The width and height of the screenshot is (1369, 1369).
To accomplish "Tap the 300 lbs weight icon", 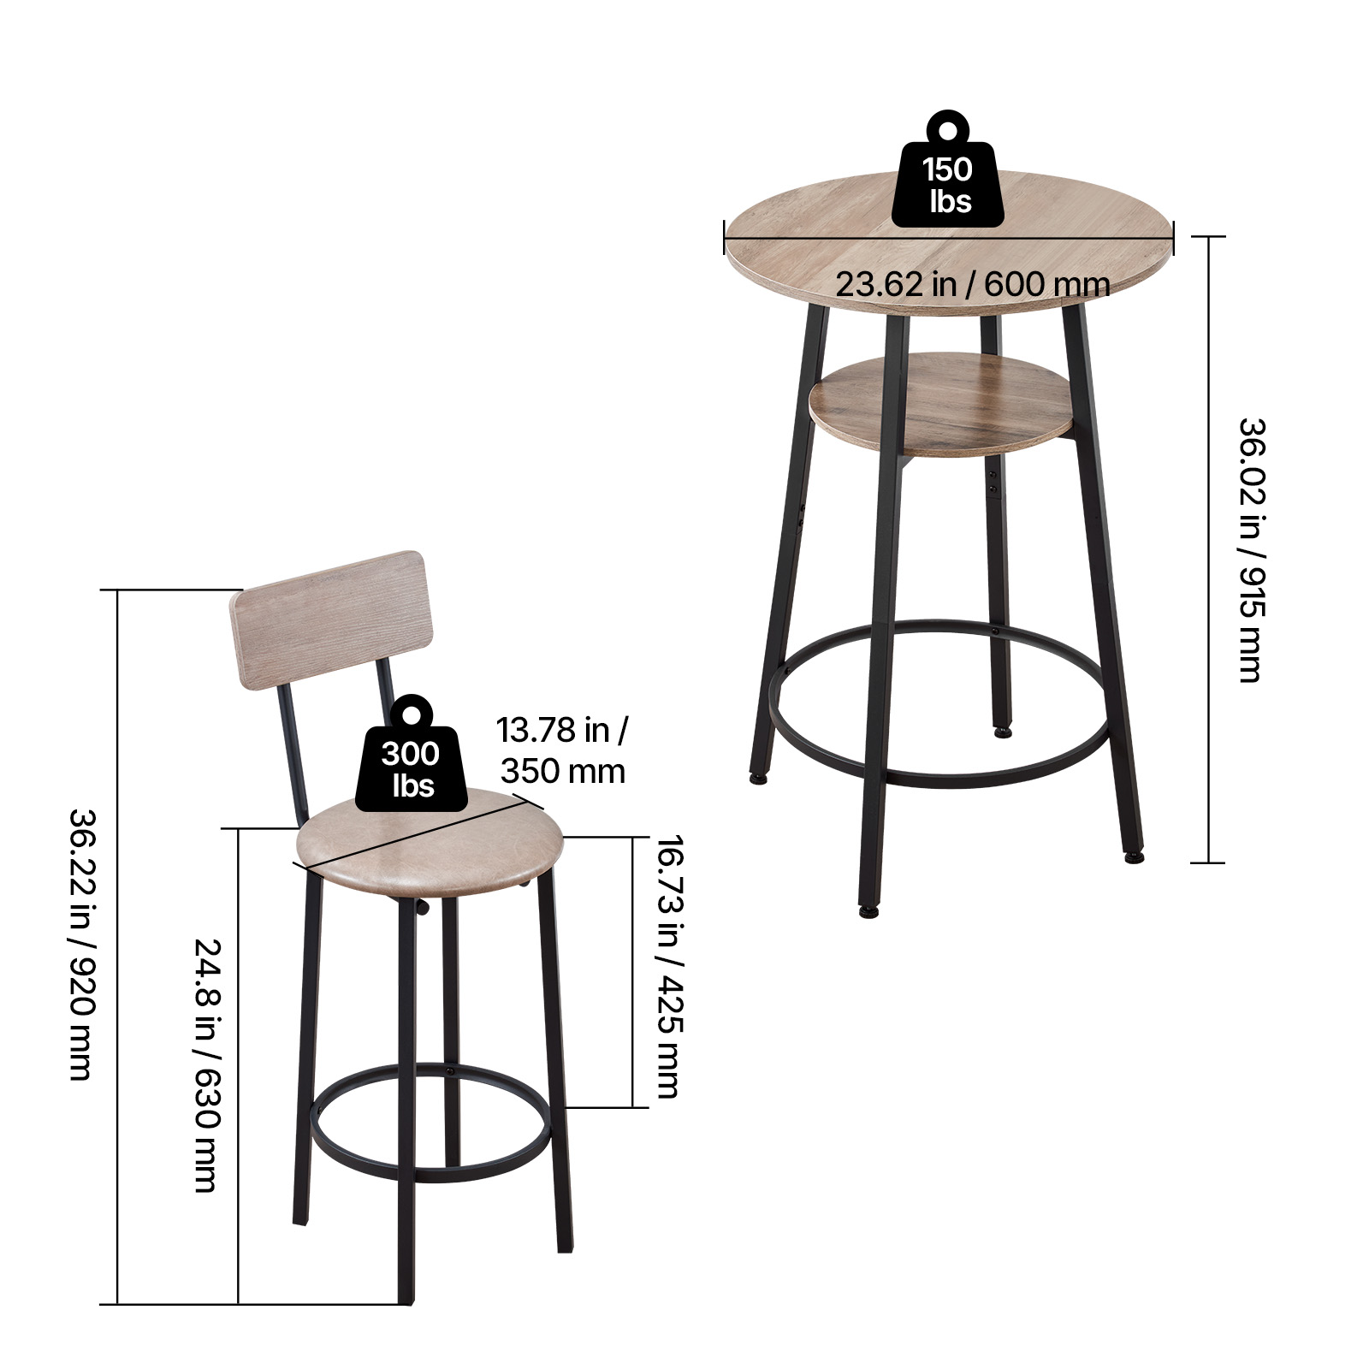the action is tap(412, 754).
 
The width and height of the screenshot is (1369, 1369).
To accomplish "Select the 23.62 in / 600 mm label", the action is tap(973, 284).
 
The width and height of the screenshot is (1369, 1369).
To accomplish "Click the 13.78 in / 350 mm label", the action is tap(563, 750).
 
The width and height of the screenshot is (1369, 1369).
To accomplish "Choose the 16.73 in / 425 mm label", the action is tap(669, 967).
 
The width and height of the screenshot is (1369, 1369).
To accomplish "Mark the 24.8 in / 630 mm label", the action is tap(208, 1065).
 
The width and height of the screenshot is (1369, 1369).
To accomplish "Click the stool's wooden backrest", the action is tap(334, 619).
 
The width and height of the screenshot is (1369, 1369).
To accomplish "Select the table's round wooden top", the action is tap(950, 242).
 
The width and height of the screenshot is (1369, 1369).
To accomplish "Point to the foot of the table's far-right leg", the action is tap(1134, 855).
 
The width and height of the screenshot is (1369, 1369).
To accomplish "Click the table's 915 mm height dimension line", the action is tap(1208, 549).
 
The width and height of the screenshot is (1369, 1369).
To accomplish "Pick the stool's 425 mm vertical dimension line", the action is tap(633, 972).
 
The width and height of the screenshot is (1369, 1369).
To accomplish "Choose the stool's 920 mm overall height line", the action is tap(117, 946).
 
